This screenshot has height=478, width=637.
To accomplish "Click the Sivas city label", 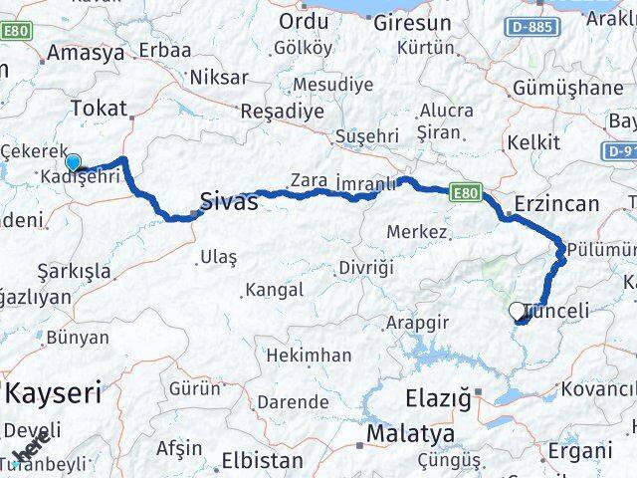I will (229, 201).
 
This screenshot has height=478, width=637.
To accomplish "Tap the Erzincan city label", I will (556, 204).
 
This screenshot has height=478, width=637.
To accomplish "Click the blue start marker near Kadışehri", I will (73, 162).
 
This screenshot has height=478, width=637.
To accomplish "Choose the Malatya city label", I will (410, 434).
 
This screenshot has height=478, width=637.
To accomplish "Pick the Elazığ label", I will (438, 398).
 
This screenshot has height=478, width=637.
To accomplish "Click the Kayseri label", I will (54, 392).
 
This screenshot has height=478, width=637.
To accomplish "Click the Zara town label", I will (309, 180).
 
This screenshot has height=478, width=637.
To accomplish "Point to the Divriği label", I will (366, 268).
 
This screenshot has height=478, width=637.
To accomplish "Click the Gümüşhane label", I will (567, 88).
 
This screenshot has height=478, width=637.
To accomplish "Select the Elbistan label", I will (262, 460).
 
